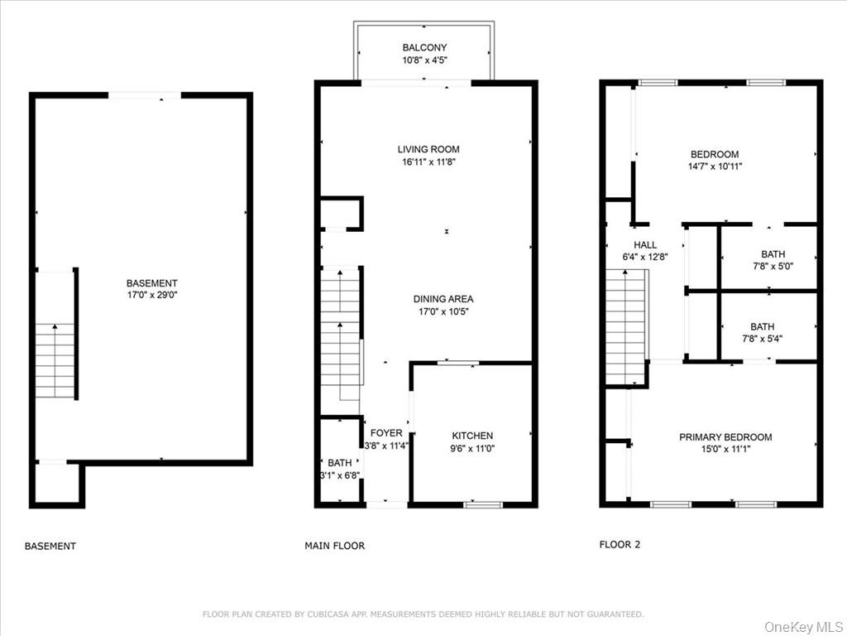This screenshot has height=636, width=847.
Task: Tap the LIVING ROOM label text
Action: tap(428, 150)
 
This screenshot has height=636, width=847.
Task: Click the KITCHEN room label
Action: tap(472, 436)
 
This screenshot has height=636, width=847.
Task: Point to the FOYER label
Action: tap(386, 433)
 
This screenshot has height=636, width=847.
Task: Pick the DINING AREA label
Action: tap(443, 299)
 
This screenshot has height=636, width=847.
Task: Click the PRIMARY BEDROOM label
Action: tap(725, 437)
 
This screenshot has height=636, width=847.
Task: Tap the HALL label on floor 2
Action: tap(645, 245)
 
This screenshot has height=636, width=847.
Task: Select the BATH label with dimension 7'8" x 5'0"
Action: tap(768, 254)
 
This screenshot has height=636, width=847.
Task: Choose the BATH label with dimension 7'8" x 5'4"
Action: tap(768, 327)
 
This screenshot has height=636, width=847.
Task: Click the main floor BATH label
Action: tap(339, 463)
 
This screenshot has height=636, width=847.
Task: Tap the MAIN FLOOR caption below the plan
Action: tap(335, 546)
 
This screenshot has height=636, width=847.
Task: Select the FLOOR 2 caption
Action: tap(620, 545)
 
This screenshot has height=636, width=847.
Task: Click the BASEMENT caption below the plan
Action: tap(50, 546)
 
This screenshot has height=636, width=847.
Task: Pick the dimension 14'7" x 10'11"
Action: tap(715, 166)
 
